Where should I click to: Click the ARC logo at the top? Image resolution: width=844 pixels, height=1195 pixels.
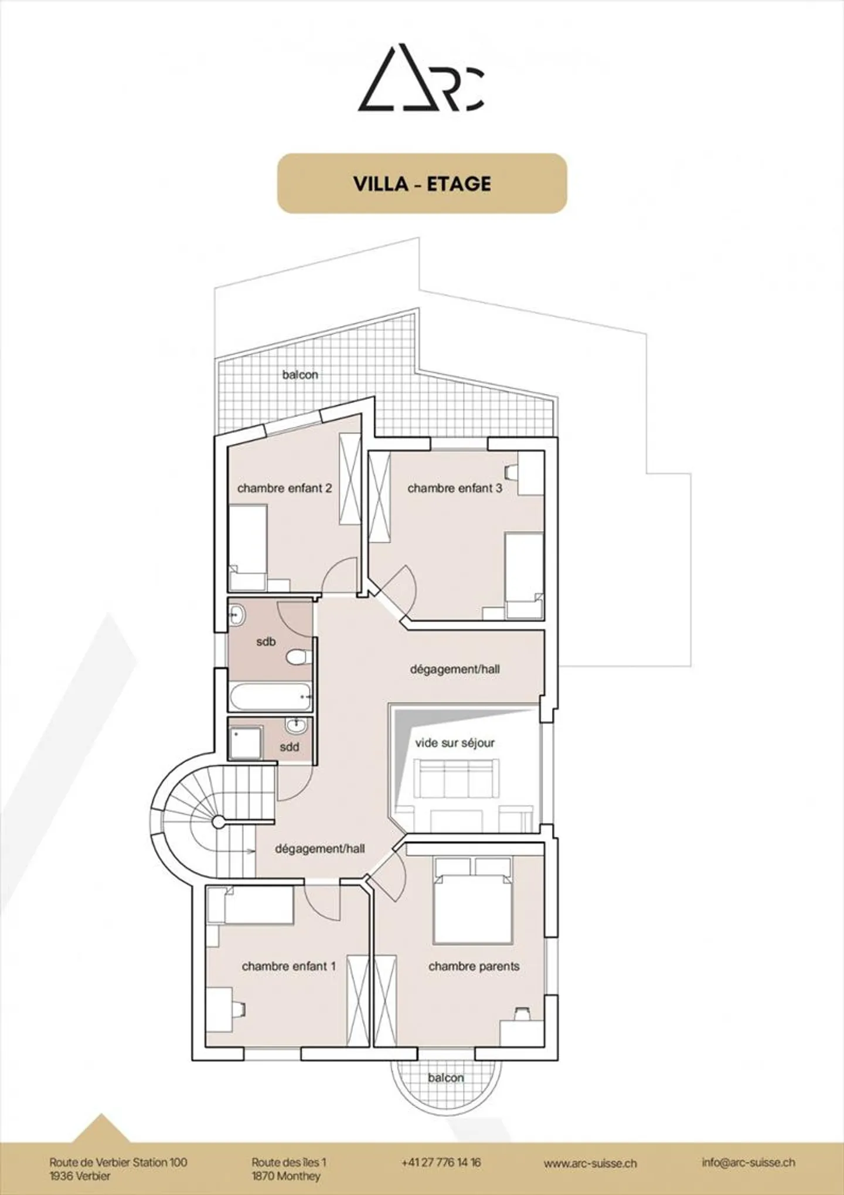point(421,77)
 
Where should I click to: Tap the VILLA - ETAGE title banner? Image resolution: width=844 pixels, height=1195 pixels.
point(422,184)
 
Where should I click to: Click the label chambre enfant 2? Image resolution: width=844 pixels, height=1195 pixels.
point(284,488)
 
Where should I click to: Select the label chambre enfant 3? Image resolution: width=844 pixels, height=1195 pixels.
point(455,488)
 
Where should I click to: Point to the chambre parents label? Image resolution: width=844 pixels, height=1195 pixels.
point(474,966)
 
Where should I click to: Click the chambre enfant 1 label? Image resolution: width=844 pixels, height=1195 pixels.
point(288,966)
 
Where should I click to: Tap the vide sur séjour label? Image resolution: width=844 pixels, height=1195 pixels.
point(455,743)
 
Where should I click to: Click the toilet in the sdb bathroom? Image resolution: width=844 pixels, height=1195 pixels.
point(298,657)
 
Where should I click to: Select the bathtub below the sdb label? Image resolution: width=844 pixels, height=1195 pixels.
point(270,697)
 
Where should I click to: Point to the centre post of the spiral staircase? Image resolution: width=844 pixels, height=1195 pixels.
point(218,822)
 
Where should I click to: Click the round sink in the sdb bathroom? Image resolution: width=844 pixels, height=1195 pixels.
point(236,615)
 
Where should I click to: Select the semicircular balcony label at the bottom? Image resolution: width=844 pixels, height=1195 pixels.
point(445,1078)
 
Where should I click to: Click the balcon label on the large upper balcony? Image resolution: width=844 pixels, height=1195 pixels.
point(300,375)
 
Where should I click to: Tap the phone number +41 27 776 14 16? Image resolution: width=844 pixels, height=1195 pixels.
point(441,1162)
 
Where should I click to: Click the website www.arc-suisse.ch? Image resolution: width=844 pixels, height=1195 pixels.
point(590,1163)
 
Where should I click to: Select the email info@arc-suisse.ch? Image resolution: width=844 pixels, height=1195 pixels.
point(748,1162)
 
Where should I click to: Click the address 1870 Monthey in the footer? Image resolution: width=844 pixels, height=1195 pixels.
point(286,1176)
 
